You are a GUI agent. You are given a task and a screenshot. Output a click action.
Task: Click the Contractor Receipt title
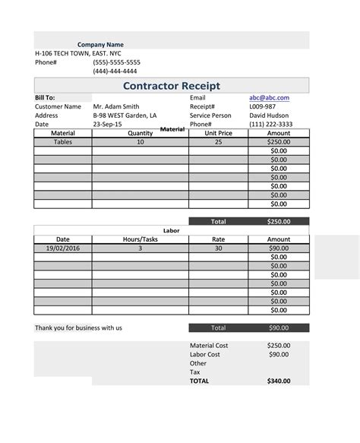[172, 85]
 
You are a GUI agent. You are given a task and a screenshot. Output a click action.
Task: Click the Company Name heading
[100, 45]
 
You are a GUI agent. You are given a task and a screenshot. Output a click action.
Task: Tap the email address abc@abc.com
[269, 98]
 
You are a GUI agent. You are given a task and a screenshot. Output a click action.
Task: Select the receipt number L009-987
[263, 107]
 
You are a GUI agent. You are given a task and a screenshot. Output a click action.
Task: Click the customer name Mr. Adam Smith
[116, 107]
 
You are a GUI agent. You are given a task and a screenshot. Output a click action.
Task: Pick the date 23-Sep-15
[108, 125]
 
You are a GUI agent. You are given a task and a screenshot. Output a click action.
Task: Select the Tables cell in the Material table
[63, 142]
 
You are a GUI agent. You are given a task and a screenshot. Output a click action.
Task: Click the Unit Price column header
[218, 133]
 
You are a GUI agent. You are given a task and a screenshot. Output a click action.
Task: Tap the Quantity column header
[140, 133]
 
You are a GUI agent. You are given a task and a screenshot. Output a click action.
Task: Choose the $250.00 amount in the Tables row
[279, 142]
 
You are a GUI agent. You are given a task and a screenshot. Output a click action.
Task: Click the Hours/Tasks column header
[140, 239]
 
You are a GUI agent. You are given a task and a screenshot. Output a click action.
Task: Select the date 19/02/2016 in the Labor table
[62, 248]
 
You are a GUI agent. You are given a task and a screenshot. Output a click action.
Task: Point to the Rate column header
[218, 239]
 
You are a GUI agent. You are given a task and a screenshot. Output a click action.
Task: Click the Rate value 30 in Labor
[218, 248]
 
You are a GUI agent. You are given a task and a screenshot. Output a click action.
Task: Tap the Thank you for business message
[78, 328]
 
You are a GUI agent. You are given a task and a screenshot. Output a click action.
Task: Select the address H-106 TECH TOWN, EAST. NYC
[77, 54]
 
